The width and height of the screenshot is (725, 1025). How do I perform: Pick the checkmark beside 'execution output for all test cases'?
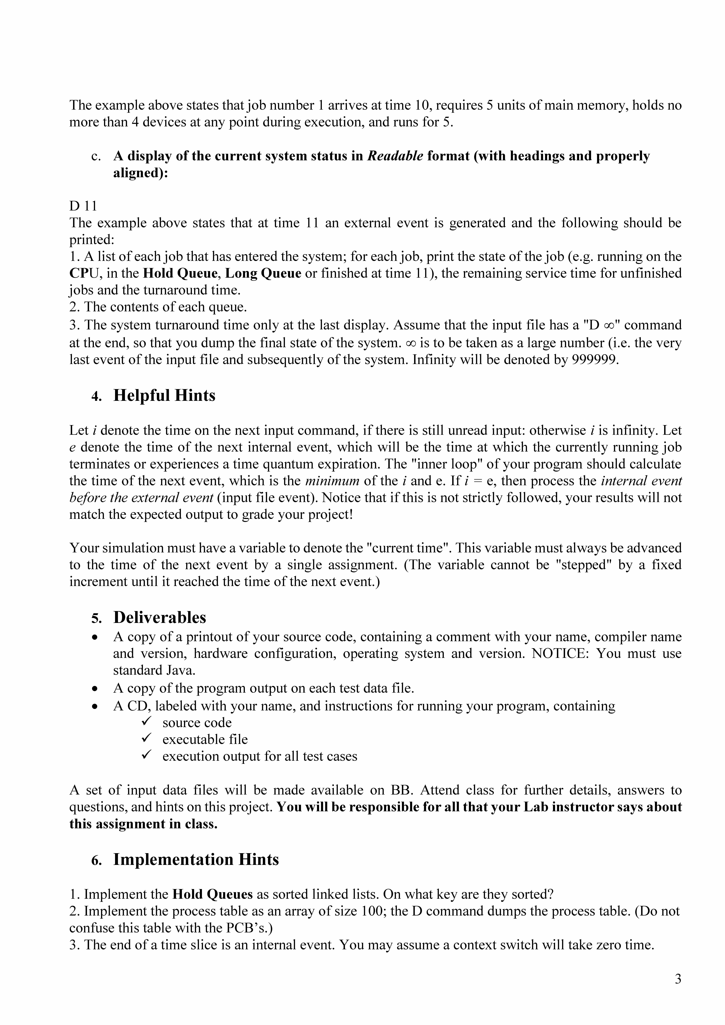click(146, 756)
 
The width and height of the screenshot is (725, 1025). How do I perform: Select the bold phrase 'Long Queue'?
click(263, 273)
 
